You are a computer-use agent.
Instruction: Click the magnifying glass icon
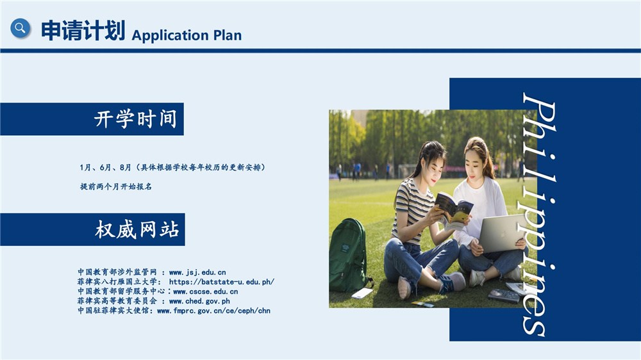pyautogui.click(x=21, y=28)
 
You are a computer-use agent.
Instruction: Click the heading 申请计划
pyautogui.click(x=83, y=30)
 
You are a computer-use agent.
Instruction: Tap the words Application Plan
pyautogui.click(x=187, y=35)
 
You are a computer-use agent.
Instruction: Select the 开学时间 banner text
pyautogui.click(x=135, y=119)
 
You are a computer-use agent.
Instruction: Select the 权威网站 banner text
pyautogui.click(x=137, y=229)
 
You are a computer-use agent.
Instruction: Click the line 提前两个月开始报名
pyautogui.click(x=115, y=186)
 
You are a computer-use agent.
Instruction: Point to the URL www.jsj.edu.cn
pyautogui.click(x=197, y=272)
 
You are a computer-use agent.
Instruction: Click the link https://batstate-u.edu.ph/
pyautogui.click(x=222, y=282)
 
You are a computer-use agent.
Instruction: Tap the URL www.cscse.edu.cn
pyautogui.click(x=205, y=291)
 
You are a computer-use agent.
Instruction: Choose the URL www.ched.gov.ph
pyautogui.click(x=199, y=301)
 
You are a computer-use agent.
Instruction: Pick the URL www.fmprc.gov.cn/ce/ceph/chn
pyautogui.click(x=213, y=311)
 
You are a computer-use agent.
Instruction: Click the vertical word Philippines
pyautogui.click(x=540, y=215)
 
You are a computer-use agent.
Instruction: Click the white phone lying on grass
pyautogui.click(x=362, y=293)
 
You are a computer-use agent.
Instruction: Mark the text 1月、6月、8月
pyautogui.click(x=106, y=168)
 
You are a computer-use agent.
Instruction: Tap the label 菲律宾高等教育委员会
pyautogui.click(x=117, y=301)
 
